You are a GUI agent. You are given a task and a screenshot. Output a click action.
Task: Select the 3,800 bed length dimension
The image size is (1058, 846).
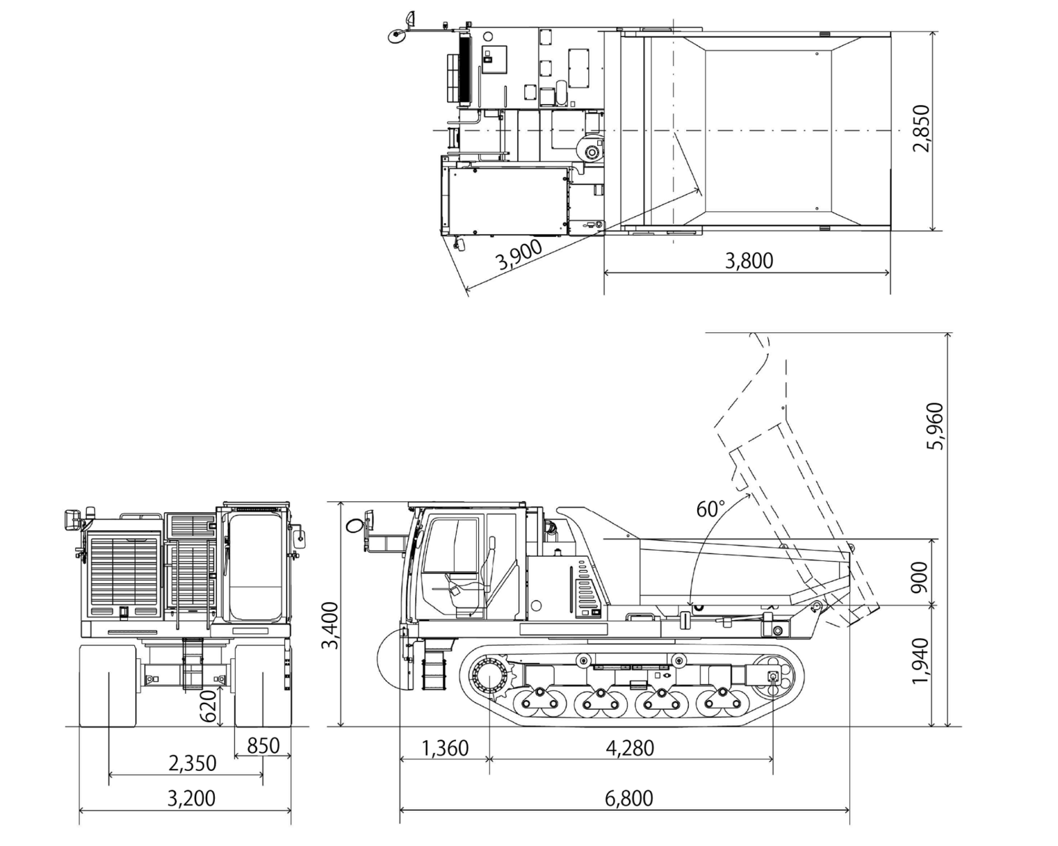(x=749, y=261)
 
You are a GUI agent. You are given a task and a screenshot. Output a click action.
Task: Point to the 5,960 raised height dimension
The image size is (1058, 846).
(x=935, y=426)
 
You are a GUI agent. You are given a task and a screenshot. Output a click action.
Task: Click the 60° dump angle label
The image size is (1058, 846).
(x=710, y=509)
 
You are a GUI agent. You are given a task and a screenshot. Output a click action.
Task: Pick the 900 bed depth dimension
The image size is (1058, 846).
(x=920, y=576)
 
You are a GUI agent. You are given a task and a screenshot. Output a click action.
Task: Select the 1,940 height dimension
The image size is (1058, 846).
(x=920, y=661)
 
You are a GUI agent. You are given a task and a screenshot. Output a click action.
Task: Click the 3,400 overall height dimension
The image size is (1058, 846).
(x=331, y=625)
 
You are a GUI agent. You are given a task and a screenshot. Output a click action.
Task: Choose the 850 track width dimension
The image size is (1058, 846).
(x=262, y=745)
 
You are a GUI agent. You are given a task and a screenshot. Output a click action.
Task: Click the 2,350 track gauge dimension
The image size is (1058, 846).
(x=192, y=763)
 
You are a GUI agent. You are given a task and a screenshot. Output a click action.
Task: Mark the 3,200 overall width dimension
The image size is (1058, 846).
(x=191, y=799)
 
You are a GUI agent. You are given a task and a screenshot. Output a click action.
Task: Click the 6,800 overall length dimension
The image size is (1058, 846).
(x=628, y=799)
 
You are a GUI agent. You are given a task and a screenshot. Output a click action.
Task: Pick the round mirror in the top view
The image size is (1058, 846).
(x=397, y=36)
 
